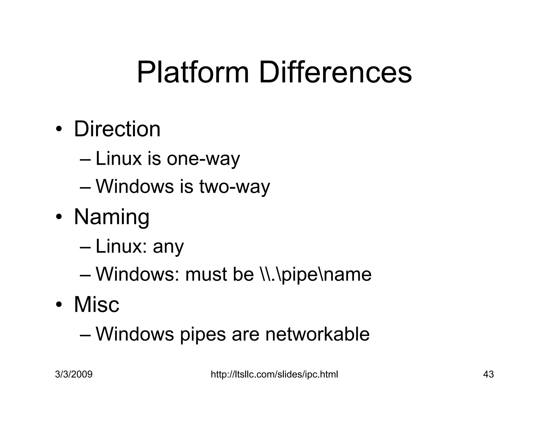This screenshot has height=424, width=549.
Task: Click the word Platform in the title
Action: click(193, 73)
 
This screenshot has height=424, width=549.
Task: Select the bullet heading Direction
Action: click(117, 129)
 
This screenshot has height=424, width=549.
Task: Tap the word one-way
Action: click(203, 159)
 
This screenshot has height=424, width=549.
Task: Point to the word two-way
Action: click(235, 187)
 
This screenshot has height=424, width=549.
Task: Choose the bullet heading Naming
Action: click(112, 217)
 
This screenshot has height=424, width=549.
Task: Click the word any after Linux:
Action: click(168, 247)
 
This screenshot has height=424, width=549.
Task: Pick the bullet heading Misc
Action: click(97, 304)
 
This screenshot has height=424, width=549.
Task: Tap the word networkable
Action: click(317, 334)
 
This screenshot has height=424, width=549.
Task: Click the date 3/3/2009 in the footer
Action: click(74, 374)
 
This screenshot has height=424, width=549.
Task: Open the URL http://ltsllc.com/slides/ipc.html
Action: click(274, 374)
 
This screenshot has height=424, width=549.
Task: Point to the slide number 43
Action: click(488, 374)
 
